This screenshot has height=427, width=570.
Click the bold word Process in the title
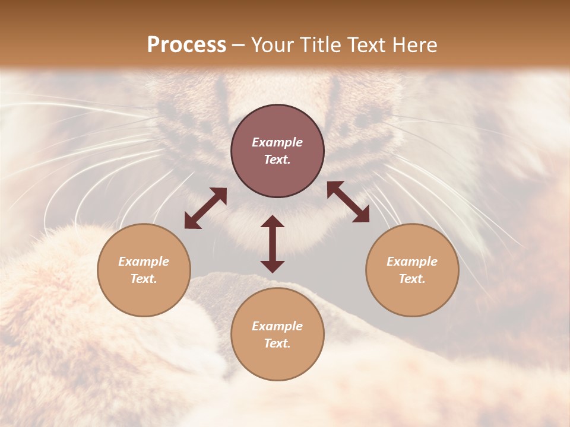(186, 45)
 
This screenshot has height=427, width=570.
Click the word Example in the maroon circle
(277, 142)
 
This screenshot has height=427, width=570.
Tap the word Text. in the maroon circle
(277, 160)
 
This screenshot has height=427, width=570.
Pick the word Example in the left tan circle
(144, 262)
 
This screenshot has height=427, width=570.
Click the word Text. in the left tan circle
(144, 279)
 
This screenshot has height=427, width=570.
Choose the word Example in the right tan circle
(412, 262)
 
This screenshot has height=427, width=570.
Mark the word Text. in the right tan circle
(412, 279)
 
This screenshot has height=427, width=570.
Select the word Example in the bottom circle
(277, 326)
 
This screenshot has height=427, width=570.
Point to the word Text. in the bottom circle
(277, 343)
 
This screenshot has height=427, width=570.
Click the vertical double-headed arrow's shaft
(273, 244)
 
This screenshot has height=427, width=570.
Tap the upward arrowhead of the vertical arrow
(273, 222)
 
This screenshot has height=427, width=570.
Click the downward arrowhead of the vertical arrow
(273, 266)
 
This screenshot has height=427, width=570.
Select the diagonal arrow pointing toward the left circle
(205, 208)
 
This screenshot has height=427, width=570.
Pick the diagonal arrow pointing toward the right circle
(349, 202)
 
